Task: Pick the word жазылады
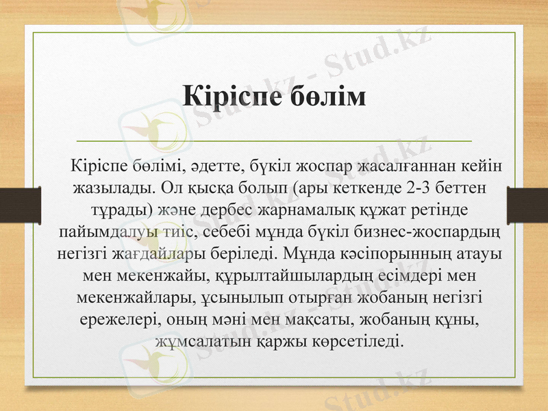point(114,187)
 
